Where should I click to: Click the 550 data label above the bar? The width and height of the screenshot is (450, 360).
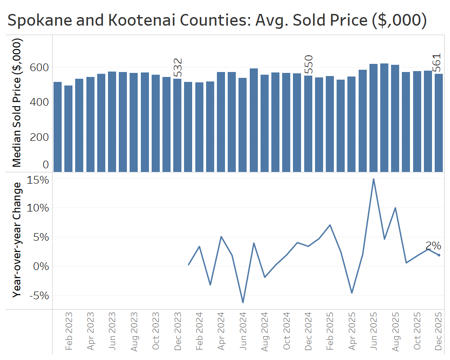coord(308,65)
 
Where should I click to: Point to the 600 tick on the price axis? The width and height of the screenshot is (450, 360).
coord(39,67)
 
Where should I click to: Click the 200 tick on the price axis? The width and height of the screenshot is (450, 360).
coord(39,137)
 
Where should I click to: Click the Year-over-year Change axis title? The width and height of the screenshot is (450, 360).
coord(17,239)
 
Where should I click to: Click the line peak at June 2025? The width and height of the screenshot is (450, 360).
coord(373,179)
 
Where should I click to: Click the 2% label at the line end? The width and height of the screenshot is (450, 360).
coord(433,246)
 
